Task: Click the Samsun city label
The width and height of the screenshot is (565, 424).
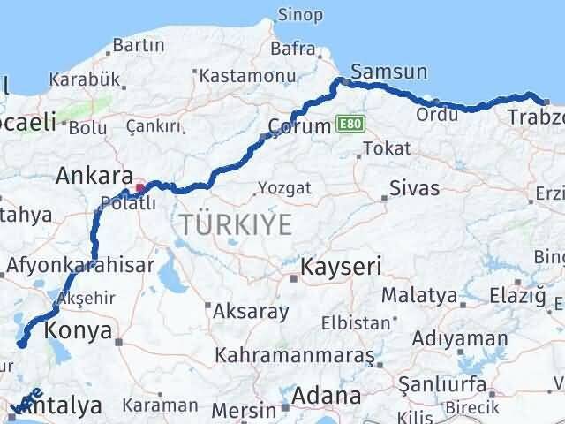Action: tap(389, 72)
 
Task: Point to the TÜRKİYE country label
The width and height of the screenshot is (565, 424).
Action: tap(235, 224)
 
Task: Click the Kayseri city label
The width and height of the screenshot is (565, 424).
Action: tap(341, 266)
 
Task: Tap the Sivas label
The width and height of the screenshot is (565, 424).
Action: tap(414, 187)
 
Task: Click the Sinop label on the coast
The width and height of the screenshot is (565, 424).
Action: tap(300, 14)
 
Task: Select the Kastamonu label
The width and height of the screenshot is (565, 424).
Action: tap(240, 77)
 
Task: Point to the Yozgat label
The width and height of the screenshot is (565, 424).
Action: tap(284, 188)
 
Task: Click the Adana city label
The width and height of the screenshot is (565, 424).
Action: tap(328, 395)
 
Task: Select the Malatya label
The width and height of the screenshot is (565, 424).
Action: tap(417, 294)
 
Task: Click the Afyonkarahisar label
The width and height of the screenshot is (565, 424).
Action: tap(80, 264)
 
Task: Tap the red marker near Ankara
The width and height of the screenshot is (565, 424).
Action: tap(139, 188)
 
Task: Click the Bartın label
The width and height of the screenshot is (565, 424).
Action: tap(139, 45)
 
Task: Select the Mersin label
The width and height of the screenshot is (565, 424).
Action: tap(252, 410)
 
